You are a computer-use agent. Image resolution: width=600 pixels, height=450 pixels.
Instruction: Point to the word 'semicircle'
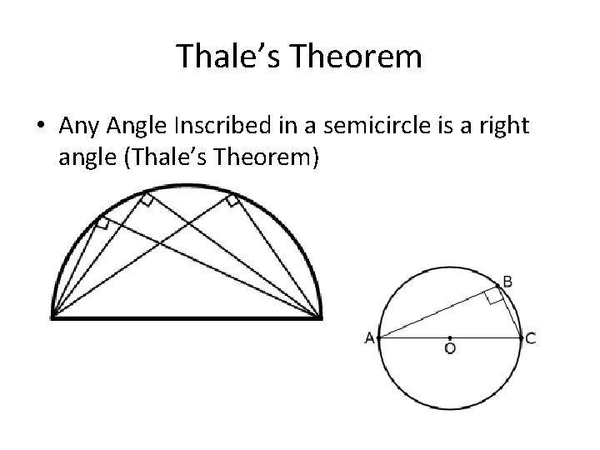click(360, 127)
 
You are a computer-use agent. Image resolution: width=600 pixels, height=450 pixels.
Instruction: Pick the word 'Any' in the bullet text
click(80, 127)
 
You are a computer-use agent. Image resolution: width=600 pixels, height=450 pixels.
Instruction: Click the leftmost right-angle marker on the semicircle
click(102, 222)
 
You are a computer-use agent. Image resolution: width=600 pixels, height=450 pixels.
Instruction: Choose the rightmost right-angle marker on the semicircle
click(232, 200)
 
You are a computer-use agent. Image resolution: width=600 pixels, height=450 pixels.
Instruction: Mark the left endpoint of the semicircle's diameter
click(52, 316)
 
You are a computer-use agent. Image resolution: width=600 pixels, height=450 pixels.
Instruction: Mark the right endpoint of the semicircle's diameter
click(322, 316)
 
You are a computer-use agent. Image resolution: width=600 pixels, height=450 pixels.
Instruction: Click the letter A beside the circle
click(369, 337)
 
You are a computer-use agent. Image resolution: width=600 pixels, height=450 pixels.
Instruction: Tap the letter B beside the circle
click(507, 282)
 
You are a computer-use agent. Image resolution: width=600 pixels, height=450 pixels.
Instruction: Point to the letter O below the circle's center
click(450, 350)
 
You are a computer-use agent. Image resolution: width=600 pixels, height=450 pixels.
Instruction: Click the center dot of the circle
click(450, 337)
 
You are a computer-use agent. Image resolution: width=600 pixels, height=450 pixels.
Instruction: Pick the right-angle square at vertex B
click(495, 297)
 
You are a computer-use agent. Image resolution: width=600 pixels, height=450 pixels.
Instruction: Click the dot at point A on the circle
click(379, 337)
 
